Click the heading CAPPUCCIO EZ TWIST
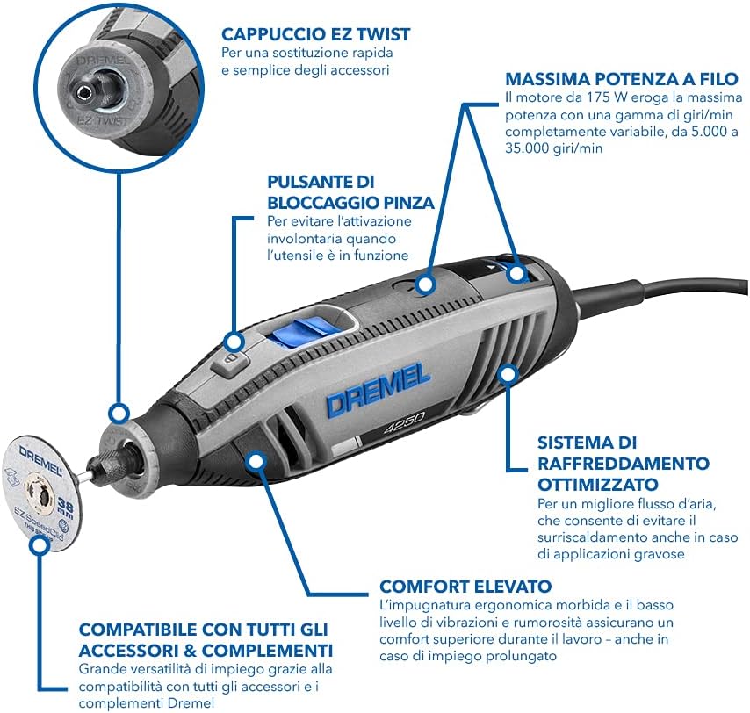tap(315, 34)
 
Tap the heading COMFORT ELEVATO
tap(465, 586)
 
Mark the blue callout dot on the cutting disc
tap(38, 544)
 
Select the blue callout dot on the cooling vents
tap(506, 375)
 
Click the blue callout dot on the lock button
tap(234, 342)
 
